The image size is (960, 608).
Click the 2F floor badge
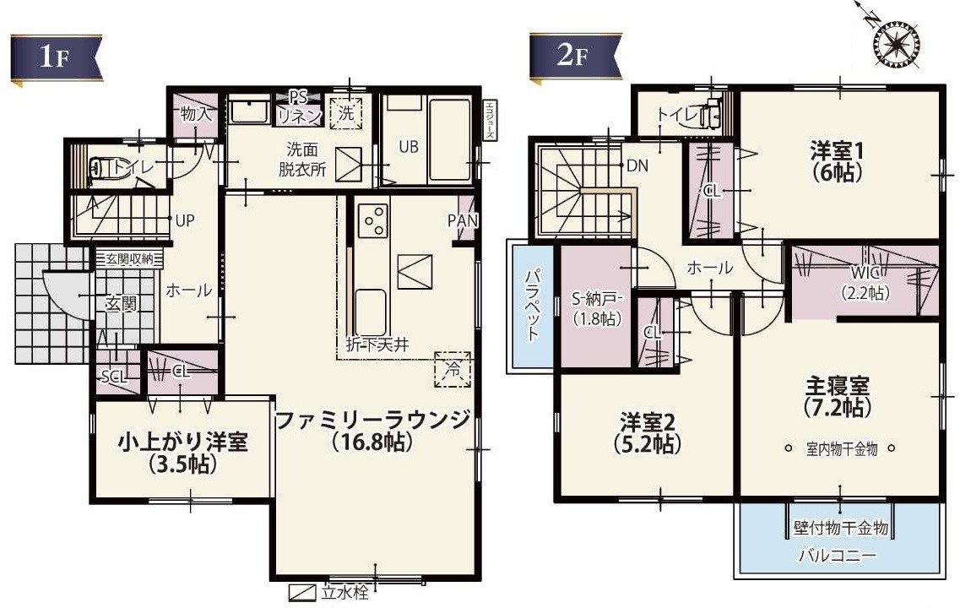(x=572, y=57)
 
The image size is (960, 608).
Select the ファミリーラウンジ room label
(x=372, y=420)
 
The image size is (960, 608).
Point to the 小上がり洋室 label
(x=182, y=442)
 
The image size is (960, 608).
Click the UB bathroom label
(x=409, y=146)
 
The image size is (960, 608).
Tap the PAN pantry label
(x=464, y=220)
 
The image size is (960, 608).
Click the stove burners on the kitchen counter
(x=372, y=221)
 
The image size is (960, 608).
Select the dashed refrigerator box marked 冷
(x=452, y=369)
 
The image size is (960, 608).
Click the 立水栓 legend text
(x=344, y=592)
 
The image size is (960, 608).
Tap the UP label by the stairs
(x=185, y=220)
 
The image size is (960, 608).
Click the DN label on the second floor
(x=637, y=166)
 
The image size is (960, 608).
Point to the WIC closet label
(x=865, y=272)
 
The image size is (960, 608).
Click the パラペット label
(x=533, y=305)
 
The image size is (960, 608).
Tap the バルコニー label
(x=838, y=556)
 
